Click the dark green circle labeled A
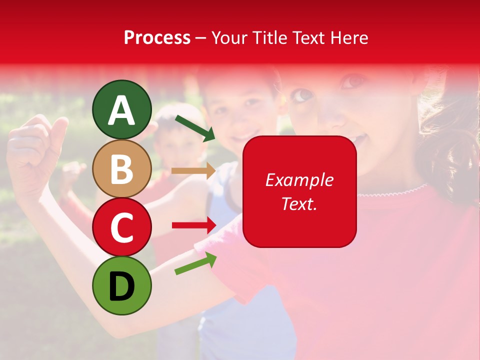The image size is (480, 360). [121, 109]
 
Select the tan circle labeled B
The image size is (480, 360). [121, 168]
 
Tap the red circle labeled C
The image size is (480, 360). [121, 227]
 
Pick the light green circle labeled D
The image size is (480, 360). [121, 285]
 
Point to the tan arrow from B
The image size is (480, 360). [193, 170]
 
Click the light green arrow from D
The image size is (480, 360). [195, 263]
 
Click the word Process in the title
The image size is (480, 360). [157, 37]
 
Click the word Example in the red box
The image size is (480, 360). [299, 180]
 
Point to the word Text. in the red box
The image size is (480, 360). [299, 203]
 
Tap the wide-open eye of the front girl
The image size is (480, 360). [301, 95]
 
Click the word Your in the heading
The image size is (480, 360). [228, 37]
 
